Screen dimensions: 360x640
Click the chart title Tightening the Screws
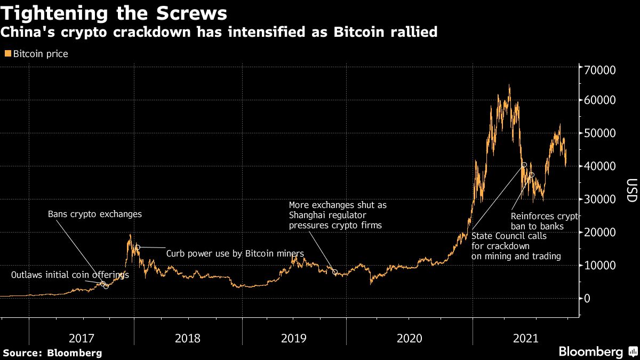(x=113, y=13)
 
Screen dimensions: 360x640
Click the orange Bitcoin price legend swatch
(x=7, y=54)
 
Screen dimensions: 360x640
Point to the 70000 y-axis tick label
(x=601, y=70)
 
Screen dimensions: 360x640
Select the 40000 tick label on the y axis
(x=601, y=166)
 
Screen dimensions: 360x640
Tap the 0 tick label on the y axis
(x=587, y=298)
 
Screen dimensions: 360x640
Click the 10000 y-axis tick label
(x=601, y=265)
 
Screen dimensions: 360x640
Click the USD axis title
(x=631, y=190)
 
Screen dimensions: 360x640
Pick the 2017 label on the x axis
(x=82, y=338)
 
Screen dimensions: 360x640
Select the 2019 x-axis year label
(x=294, y=338)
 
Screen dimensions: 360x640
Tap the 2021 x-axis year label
(x=525, y=338)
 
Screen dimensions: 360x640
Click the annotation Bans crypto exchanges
(x=95, y=214)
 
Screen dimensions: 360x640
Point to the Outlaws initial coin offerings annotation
(x=70, y=275)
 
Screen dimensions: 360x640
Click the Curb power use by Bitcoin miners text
(x=235, y=253)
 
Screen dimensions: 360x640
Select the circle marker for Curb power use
(x=137, y=247)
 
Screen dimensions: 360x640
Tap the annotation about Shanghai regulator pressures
(x=338, y=215)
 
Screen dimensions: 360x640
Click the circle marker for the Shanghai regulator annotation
(x=335, y=272)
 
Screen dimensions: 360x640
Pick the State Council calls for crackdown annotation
(x=516, y=245)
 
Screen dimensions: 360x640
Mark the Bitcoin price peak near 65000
(x=509, y=85)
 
